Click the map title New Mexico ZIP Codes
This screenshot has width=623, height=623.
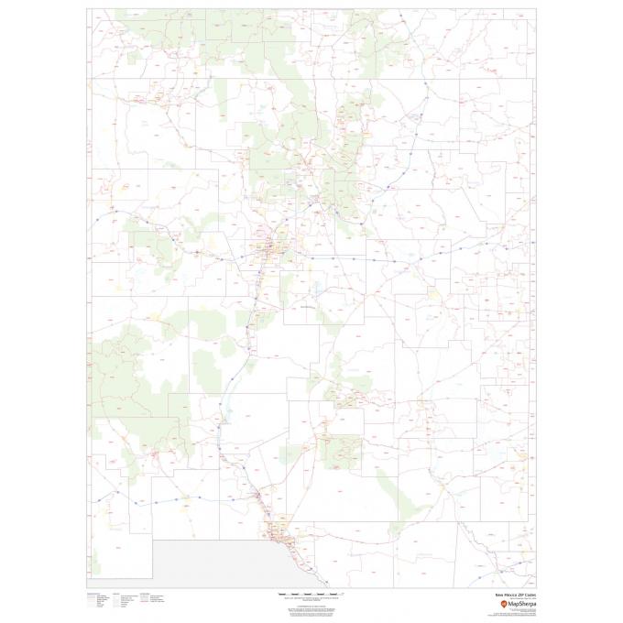point(515,594)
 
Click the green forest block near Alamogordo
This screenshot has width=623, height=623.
point(344,449)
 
